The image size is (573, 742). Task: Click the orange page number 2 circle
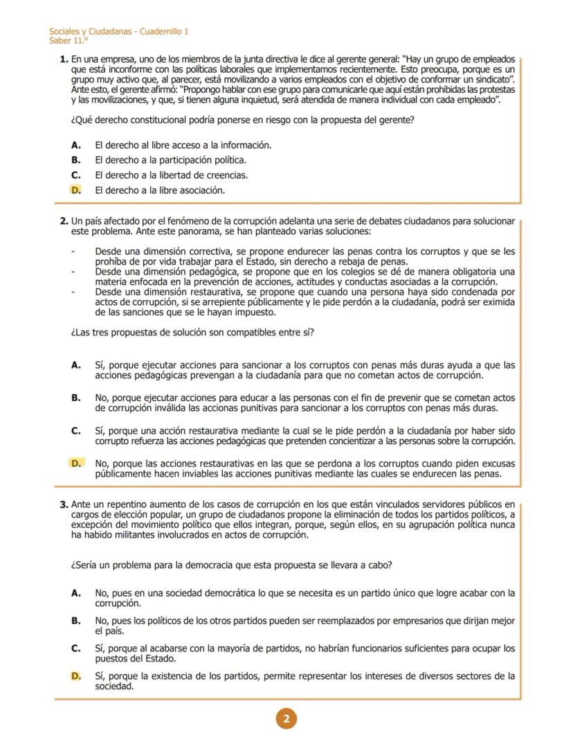(286, 719)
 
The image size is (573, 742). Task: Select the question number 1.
(64, 62)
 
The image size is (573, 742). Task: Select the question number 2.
(64, 222)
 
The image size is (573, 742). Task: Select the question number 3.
(64, 504)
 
